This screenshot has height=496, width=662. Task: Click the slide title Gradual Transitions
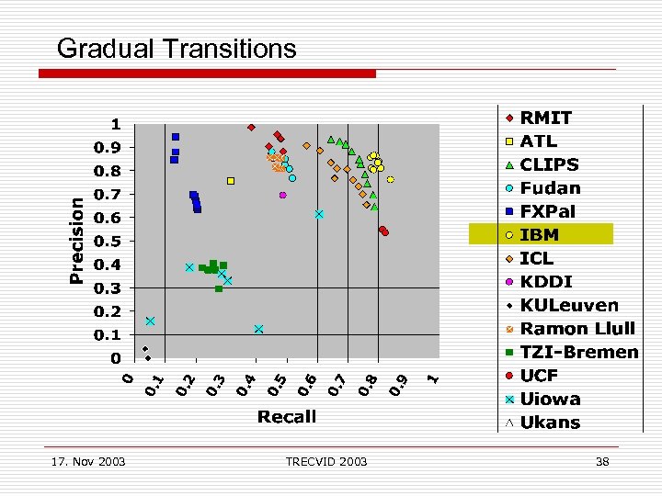(x=177, y=48)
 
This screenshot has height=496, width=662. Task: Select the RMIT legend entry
(x=545, y=118)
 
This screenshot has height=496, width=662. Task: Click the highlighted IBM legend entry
(x=540, y=235)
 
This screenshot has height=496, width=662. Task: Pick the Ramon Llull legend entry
(x=577, y=329)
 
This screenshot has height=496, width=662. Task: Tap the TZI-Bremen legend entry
(x=579, y=352)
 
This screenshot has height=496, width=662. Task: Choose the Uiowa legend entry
(x=550, y=399)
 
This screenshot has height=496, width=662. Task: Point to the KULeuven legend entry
(x=569, y=305)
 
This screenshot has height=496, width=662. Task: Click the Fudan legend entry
(x=550, y=188)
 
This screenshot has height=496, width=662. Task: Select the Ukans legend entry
(x=550, y=423)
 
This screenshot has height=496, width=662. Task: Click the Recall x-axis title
(x=287, y=417)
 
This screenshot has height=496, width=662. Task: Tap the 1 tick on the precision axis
(x=116, y=124)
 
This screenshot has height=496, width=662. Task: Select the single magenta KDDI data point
(x=283, y=195)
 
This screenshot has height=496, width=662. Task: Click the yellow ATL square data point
(x=231, y=181)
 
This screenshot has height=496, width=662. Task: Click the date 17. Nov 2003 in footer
(x=86, y=461)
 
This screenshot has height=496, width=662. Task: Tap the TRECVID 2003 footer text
(x=325, y=461)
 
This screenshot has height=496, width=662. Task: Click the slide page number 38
(x=602, y=461)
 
